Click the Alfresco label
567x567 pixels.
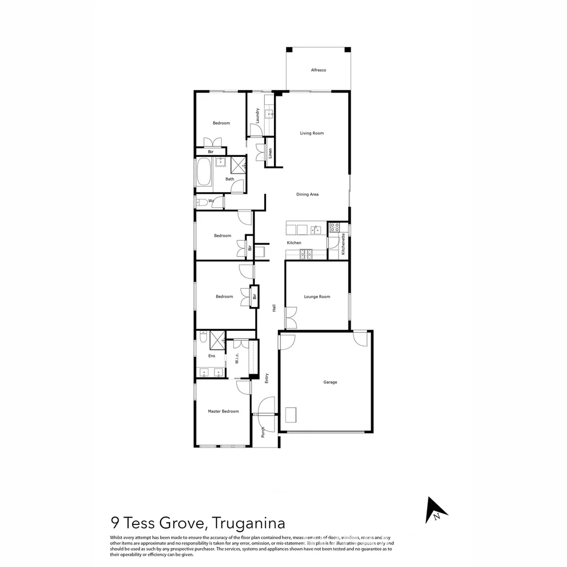[318, 70]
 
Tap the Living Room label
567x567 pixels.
[312, 133]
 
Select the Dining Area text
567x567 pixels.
[307, 194]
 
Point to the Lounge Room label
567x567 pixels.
[317, 297]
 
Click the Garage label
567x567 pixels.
[330, 382]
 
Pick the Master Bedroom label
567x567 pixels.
[223, 412]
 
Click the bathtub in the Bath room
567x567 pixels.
[204, 172]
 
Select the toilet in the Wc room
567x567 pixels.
[201, 202]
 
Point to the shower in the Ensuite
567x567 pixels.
[217, 340]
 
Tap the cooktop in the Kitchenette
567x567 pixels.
[334, 227]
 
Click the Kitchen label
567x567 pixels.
[294, 243]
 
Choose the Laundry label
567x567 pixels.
[258, 115]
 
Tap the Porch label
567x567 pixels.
[263, 432]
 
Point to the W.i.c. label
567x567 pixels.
[237, 359]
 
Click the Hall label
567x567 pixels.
[274, 309]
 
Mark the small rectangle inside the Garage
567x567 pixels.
[292, 414]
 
